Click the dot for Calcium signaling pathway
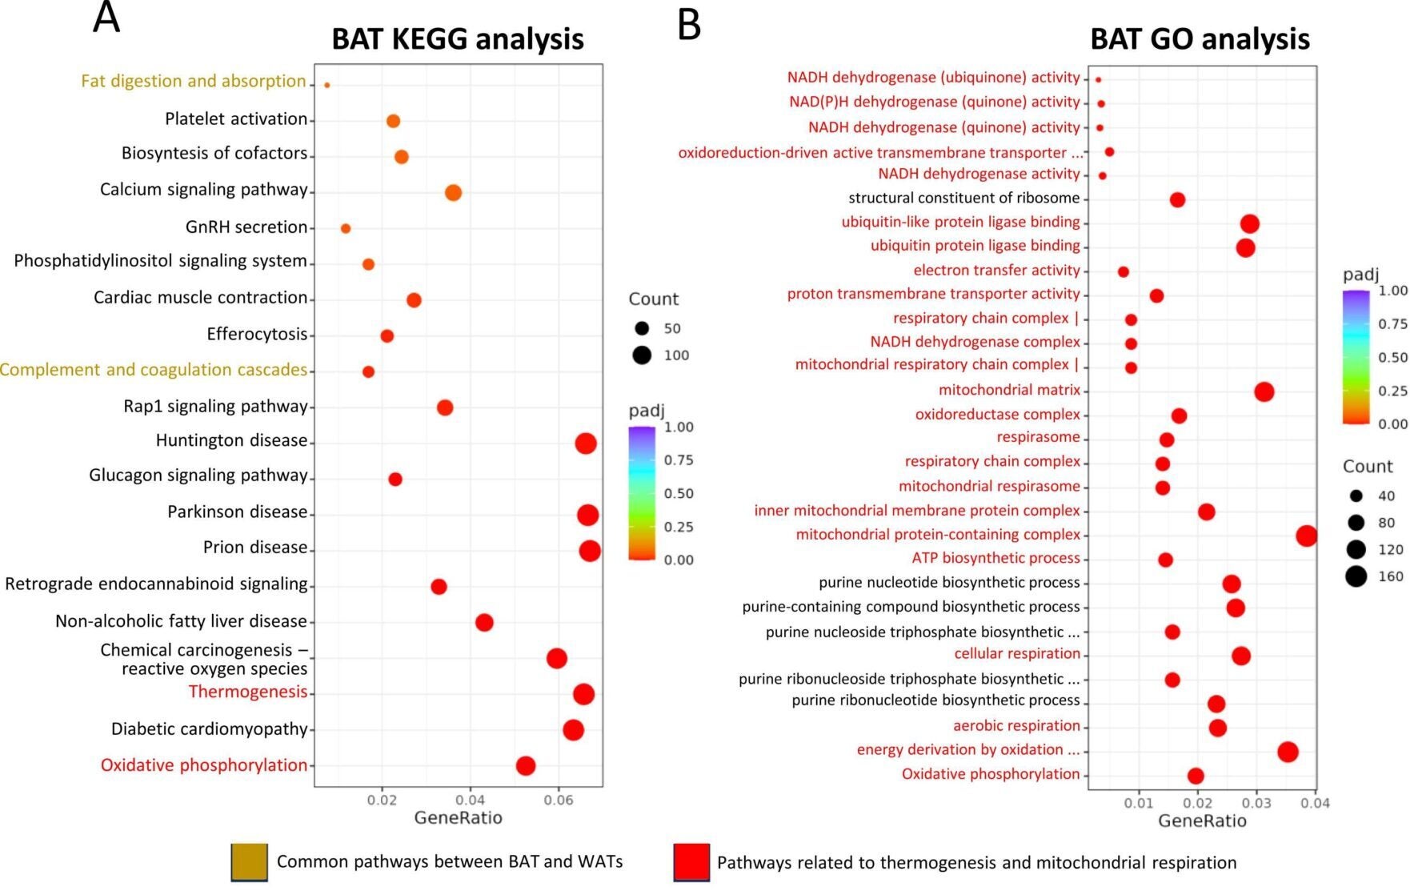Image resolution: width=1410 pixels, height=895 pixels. coord(453,193)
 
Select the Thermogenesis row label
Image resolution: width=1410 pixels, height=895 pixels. coord(247,692)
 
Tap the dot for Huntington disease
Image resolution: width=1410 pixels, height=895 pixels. coord(586,443)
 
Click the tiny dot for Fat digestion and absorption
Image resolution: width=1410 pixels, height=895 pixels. coord(326,85)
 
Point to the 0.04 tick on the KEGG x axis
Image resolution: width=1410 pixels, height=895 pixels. coord(471,800)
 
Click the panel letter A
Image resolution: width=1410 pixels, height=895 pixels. coord(106,18)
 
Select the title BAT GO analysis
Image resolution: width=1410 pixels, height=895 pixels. coord(1199,38)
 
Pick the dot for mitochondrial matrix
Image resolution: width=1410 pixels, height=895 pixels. coord(1264,391)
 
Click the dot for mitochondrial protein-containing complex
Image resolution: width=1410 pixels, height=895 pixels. coord(1306,536)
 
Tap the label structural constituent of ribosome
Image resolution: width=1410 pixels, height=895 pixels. coord(963,198)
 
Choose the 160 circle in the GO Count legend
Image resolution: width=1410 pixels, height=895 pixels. coord(1356,576)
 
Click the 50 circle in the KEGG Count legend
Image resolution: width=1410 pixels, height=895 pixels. coord(641,328)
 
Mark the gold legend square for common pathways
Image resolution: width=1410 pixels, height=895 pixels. coord(249,862)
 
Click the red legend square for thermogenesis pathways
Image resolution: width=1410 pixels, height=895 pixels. coord(691,862)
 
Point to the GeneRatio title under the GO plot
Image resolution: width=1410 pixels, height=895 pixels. coord(1202,821)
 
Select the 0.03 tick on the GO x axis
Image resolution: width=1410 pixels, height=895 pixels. coord(1256,802)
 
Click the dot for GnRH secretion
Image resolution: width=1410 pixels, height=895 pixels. coord(346,229)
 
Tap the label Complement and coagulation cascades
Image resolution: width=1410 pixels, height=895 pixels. coord(154,370)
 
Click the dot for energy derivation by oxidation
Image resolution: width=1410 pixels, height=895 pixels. coord(1288,752)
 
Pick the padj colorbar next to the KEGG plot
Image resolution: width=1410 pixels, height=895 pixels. coord(642,493)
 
